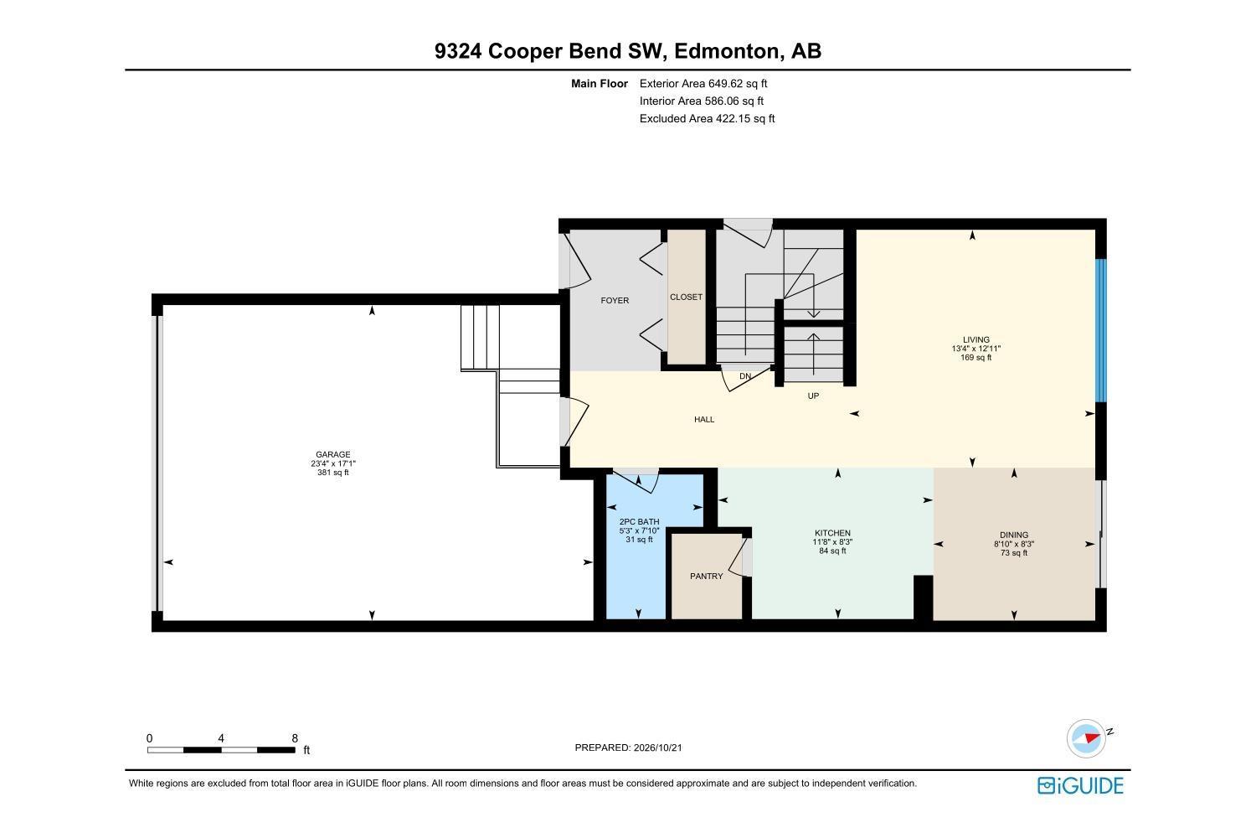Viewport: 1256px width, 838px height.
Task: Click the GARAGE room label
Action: click(332, 455)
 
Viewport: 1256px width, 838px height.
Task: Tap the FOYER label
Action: click(615, 300)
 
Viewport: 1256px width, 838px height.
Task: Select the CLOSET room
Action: click(686, 297)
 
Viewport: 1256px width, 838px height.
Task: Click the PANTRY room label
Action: click(706, 576)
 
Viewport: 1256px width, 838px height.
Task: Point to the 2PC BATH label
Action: click(639, 521)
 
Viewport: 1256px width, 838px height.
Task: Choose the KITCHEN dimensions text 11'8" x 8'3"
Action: click(832, 541)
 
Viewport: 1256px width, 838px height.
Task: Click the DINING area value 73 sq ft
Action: click(1014, 553)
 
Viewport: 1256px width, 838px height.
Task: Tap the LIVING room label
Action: click(975, 339)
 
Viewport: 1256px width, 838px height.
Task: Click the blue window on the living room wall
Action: click(1101, 331)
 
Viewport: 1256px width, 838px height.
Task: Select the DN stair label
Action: click(744, 376)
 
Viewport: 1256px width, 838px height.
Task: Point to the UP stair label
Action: click(813, 396)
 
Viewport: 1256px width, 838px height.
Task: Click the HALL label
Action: click(703, 419)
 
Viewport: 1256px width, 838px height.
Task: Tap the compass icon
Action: click(1086, 738)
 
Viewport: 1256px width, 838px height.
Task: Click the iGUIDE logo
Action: click(1080, 785)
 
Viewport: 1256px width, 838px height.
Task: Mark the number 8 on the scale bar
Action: click(295, 738)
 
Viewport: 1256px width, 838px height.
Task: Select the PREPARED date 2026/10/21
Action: click(657, 747)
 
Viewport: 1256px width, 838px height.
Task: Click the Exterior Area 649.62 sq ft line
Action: click(703, 84)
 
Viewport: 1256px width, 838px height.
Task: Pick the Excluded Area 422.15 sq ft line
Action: click(707, 118)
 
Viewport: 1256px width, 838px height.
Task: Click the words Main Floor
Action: click(600, 84)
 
